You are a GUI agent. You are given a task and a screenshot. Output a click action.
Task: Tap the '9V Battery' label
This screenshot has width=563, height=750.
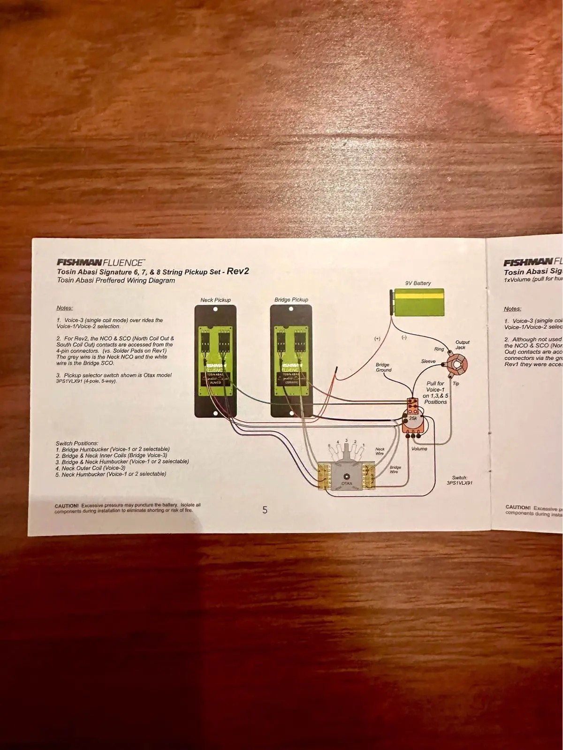point(418,283)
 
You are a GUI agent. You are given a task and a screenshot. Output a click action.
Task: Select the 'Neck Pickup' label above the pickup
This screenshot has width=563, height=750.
point(215,300)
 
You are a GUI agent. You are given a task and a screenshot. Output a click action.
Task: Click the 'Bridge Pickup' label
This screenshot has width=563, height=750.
point(291,299)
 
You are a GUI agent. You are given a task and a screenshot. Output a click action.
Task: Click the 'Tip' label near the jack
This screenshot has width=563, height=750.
point(456,383)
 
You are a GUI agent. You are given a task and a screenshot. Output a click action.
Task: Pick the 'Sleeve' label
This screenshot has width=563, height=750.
point(428,361)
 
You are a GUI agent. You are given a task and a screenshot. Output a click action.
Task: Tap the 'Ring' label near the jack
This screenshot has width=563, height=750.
point(439,349)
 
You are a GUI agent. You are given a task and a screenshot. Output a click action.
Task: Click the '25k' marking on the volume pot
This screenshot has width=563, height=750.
point(413,418)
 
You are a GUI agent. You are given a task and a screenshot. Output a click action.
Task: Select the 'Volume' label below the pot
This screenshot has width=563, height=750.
point(419,449)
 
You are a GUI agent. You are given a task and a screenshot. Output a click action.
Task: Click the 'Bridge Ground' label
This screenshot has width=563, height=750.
point(383,367)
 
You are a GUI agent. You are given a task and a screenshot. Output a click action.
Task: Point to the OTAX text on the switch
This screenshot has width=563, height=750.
point(346,482)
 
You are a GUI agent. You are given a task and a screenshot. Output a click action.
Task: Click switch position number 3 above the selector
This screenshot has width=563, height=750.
point(346,440)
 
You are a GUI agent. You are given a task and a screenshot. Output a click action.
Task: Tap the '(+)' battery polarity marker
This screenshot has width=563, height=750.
point(377,338)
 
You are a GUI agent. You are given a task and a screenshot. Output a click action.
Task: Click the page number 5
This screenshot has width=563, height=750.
point(265,510)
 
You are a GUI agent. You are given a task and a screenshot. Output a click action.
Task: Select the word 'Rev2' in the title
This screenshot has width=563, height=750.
point(237,271)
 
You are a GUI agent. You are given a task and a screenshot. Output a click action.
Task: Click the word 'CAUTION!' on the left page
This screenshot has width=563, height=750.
point(67,506)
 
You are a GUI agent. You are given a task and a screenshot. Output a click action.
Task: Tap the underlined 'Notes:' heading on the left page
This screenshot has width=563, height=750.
point(64,308)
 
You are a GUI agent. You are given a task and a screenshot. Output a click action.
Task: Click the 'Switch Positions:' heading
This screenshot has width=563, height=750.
point(77,443)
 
